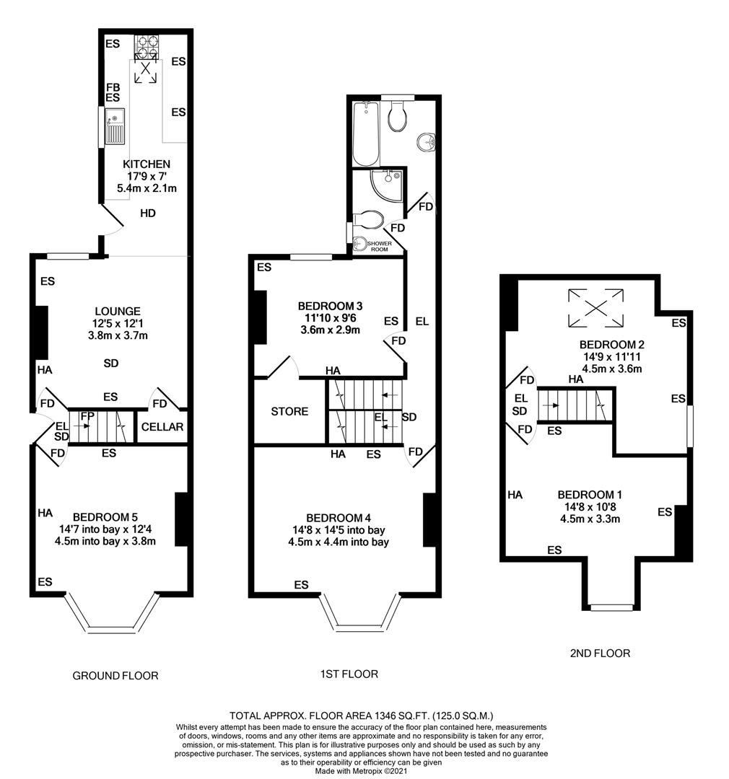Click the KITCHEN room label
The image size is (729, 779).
click(147, 164)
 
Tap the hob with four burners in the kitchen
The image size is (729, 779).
click(147, 46)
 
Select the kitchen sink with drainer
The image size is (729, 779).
click(114, 126)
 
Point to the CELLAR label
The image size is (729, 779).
click(162, 426)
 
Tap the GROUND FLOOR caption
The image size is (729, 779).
click(115, 676)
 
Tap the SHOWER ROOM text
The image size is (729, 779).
click(379, 247)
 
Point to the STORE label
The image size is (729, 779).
click(289, 411)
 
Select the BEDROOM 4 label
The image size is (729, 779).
click(339, 517)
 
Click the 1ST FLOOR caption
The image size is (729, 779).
click(349, 674)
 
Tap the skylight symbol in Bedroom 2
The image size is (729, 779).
click(595, 307)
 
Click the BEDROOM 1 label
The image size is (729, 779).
click(590, 495)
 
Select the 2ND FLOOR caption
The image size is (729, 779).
click(599, 653)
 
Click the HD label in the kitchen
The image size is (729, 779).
click(148, 214)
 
